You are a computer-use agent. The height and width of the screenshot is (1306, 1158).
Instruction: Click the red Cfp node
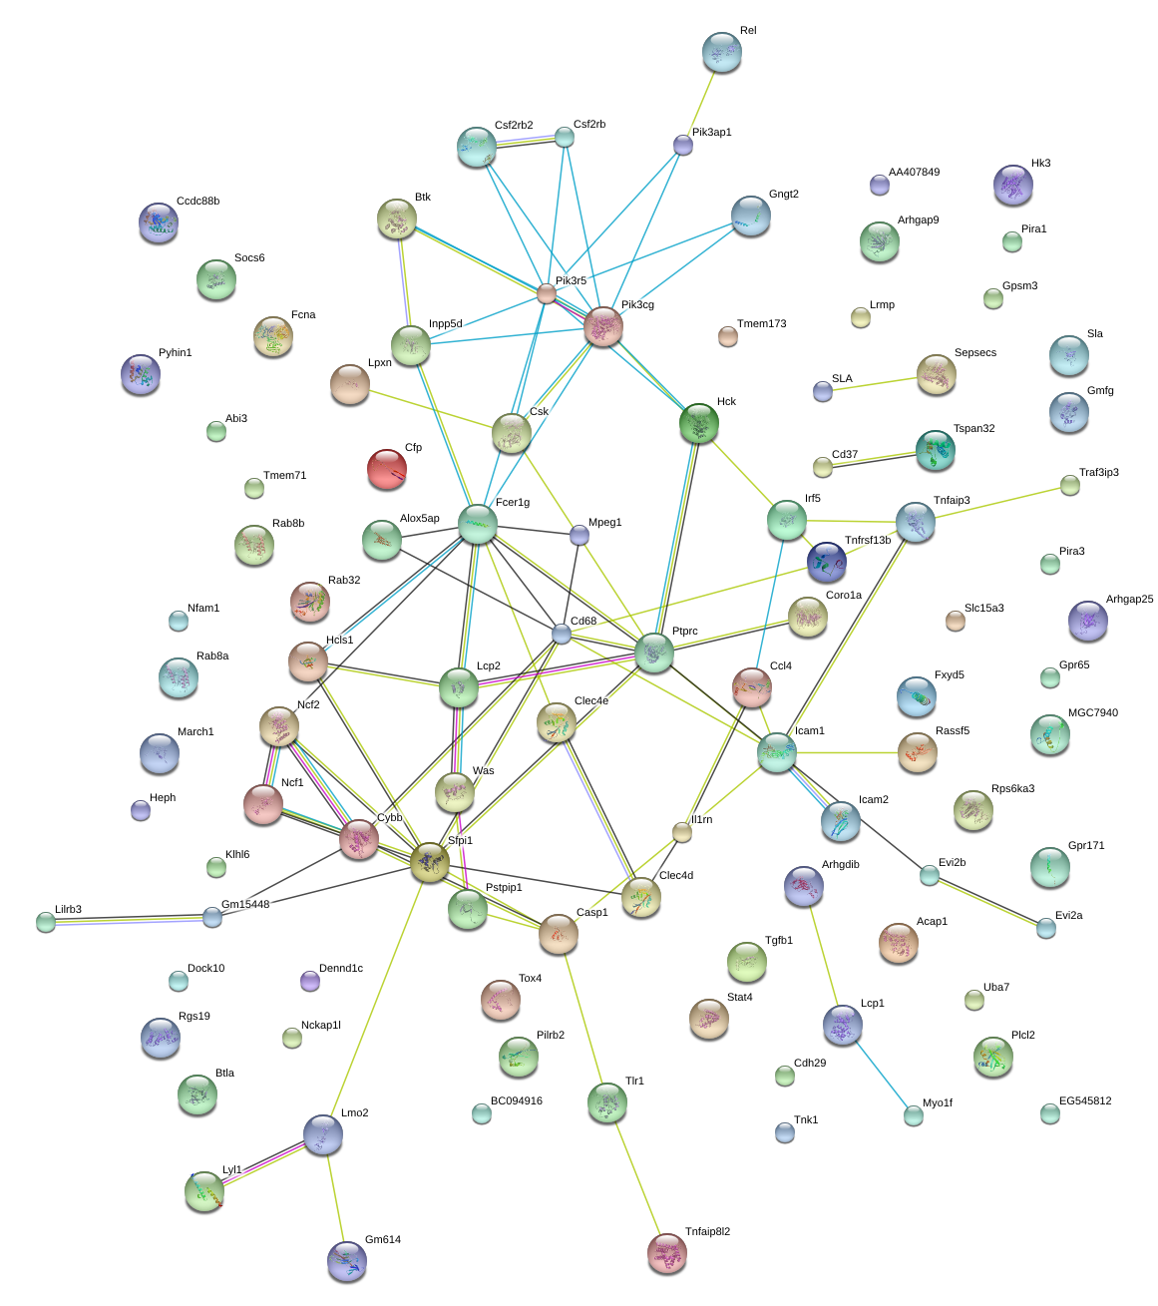click(387, 469)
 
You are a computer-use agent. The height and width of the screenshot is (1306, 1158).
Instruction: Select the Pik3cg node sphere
click(603, 326)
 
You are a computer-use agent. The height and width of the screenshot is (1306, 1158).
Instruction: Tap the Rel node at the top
click(721, 53)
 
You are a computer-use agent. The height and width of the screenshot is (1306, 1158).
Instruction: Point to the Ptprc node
click(654, 653)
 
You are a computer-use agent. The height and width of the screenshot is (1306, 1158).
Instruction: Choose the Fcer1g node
click(478, 524)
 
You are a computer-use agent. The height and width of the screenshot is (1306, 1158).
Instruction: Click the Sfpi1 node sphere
click(430, 862)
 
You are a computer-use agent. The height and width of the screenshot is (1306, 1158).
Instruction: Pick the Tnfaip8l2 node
click(667, 1253)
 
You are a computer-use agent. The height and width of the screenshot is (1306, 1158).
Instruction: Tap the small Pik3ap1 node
click(683, 146)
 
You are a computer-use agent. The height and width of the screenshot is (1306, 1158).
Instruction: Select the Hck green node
click(699, 423)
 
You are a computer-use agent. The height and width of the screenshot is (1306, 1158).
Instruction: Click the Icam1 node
click(776, 752)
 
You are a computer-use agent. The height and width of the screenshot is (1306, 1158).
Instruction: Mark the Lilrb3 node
click(46, 922)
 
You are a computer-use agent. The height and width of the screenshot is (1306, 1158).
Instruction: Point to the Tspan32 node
click(936, 450)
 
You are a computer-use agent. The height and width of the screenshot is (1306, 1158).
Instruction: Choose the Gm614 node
click(347, 1261)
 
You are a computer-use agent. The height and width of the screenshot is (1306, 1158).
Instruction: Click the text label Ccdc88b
click(197, 202)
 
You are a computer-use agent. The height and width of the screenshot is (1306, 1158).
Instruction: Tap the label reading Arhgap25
click(1129, 600)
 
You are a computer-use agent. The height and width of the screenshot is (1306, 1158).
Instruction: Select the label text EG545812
click(1085, 1101)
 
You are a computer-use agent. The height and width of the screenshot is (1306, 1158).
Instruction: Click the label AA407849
click(914, 173)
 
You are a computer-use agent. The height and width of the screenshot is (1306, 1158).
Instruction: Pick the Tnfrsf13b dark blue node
click(826, 562)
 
